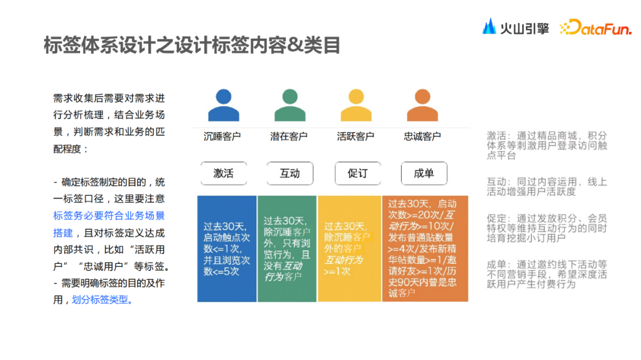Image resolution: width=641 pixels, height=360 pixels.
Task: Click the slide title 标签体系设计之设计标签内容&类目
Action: [192, 45]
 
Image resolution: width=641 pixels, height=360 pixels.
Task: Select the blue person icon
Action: [224, 105]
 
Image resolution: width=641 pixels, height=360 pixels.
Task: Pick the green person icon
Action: [290, 105]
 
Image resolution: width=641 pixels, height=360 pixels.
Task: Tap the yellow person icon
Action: [356, 105]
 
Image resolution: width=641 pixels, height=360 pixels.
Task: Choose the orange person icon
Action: [422, 105]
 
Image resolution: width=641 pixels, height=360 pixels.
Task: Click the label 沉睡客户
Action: [223, 136]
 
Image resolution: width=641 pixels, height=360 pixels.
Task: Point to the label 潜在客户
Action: [289, 136]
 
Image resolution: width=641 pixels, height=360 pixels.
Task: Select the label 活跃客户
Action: [356, 136]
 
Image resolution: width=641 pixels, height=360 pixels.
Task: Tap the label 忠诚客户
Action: [422, 136]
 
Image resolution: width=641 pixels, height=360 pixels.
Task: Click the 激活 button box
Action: [223, 173]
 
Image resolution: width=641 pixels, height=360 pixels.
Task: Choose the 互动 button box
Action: [290, 173]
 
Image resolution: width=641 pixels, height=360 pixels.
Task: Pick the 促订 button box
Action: [357, 173]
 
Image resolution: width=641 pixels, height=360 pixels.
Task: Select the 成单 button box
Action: [423, 173]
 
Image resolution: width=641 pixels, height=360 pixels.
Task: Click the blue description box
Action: [227, 248]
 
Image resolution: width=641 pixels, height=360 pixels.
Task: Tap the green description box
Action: [287, 248]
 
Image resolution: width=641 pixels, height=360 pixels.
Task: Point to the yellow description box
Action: [349, 248]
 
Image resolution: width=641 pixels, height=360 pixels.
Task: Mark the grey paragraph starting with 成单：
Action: [547, 275]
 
